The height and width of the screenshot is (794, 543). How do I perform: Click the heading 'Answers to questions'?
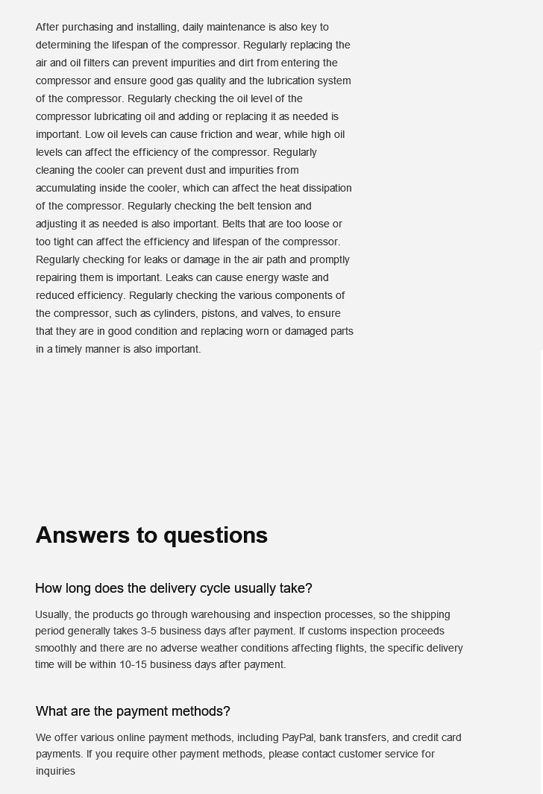point(151,535)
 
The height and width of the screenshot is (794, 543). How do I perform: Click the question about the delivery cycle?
point(173,588)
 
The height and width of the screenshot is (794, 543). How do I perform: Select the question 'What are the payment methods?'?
point(133,711)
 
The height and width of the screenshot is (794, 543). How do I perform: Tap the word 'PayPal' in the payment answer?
point(298,737)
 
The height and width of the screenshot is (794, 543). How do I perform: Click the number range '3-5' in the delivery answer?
point(148,631)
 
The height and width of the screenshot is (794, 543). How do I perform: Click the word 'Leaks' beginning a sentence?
point(179,277)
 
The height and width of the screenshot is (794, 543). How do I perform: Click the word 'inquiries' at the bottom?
point(55,771)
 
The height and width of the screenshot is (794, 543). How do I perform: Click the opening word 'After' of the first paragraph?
point(47,27)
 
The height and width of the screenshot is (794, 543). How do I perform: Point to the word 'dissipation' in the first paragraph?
point(327,188)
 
